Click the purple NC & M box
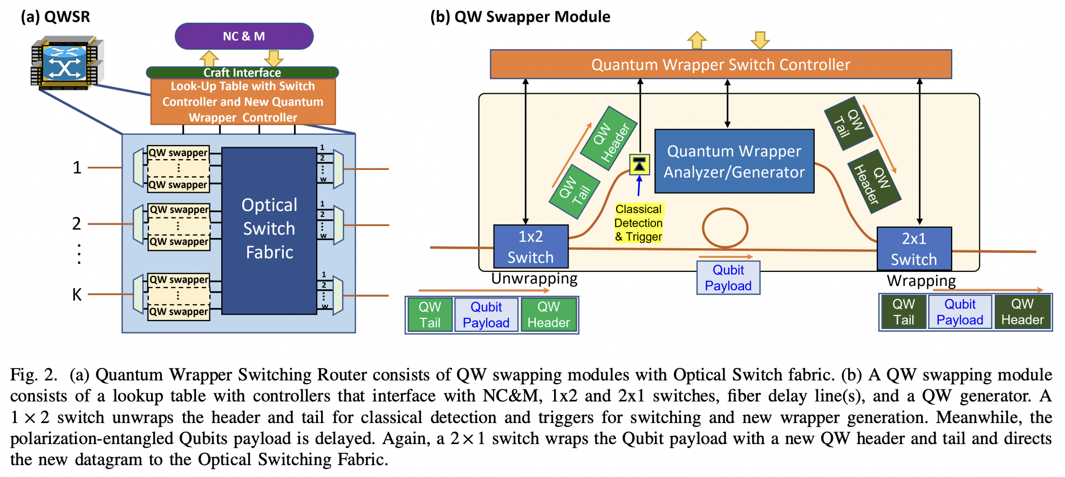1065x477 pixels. click(244, 36)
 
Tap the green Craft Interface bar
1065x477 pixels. click(242, 72)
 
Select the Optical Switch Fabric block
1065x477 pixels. click(269, 230)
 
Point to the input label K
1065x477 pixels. click(77, 295)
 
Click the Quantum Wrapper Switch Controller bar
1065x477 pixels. click(720, 65)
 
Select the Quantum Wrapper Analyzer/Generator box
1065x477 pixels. click(734, 161)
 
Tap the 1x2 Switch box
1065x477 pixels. click(530, 247)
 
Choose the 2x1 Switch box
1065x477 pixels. click(913, 249)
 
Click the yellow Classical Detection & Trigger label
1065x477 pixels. click(638, 223)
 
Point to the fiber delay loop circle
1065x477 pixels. click(725, 228)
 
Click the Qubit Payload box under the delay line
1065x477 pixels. click(728, 278)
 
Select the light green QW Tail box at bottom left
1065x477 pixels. click(430, 315)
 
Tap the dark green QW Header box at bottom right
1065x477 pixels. click(1022, 312)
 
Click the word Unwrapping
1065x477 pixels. click(534, 278)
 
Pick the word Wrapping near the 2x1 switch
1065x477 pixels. click(921, 281)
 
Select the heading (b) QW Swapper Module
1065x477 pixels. click(520, 17)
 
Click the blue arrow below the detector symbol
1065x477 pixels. click(639, 186)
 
